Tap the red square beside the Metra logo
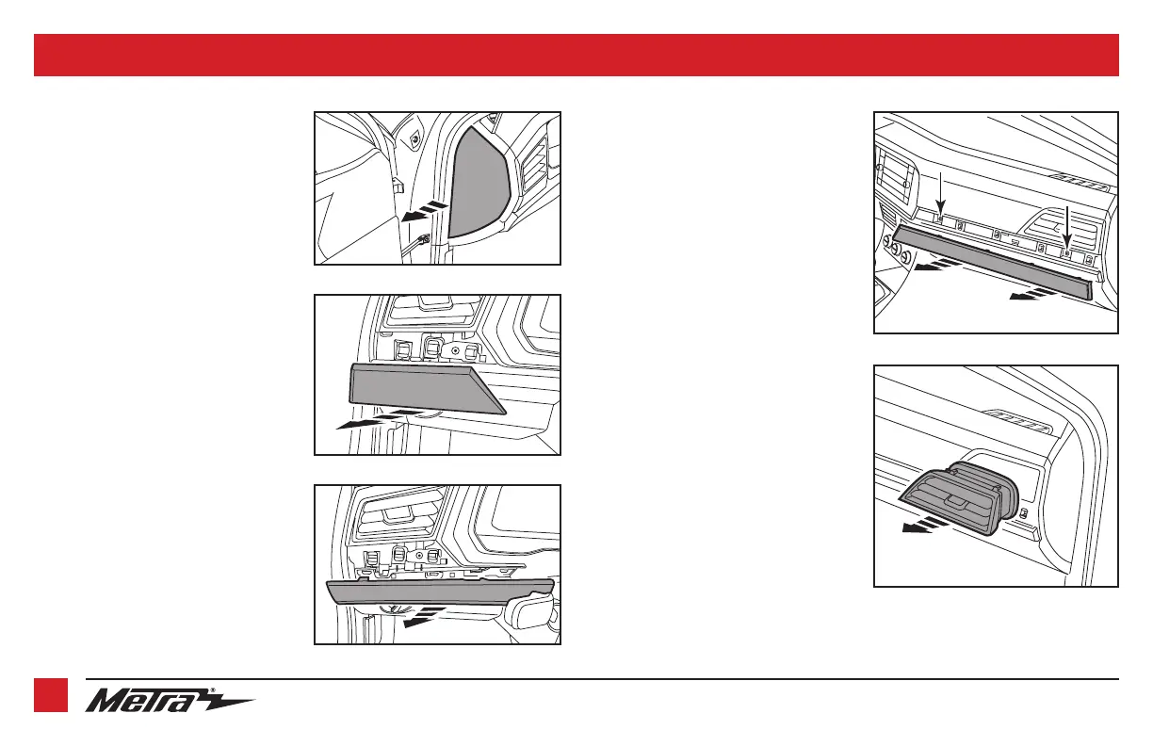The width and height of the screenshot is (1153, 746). click(x=51, y=695)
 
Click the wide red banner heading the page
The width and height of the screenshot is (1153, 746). click(x=576, y=55)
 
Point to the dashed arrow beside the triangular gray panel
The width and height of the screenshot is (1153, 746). click(x=425, y=212)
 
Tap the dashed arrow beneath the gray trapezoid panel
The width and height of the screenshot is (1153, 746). click(x=380, y=419)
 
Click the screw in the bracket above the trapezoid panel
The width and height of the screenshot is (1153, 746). click(x=455, y=349)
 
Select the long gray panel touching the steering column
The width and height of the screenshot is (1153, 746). click(x=440, y=592)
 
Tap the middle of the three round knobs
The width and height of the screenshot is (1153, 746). click(x=896, y=250)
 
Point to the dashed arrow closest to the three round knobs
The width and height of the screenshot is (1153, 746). click(x=937, y=265)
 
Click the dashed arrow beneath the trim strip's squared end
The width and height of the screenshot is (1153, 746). click(x=1033, y=294)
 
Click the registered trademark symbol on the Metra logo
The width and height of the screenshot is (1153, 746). click(x=213, y=690)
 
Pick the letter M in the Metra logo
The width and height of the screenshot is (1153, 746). click(x=106, y=702)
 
